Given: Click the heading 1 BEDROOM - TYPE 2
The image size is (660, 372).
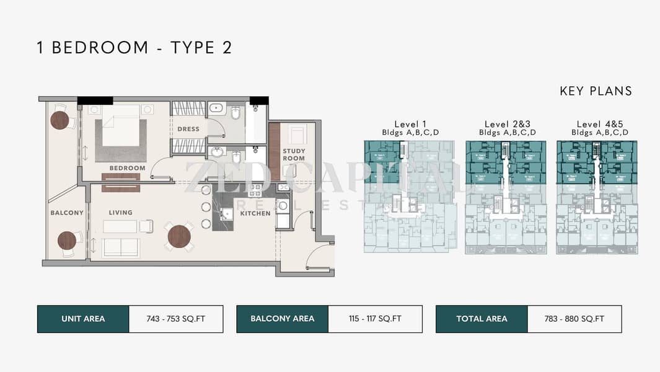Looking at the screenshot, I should point(134,48).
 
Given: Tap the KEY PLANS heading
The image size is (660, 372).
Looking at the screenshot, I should point(596,91).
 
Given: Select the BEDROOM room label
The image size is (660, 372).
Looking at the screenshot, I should point(127,168).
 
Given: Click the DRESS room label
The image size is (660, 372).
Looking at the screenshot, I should point(188,129).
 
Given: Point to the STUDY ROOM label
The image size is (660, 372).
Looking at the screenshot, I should point(294,154).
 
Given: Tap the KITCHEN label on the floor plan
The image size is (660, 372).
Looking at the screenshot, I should point(255,213).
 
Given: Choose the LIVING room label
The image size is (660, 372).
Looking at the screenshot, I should point(120,213).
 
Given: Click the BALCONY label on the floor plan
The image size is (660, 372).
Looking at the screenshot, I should point(66,213).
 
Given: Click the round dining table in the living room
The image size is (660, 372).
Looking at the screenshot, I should point(178,236).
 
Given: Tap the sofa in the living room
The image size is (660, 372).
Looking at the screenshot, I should point(120,247).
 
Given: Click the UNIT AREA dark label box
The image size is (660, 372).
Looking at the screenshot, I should point(83,319).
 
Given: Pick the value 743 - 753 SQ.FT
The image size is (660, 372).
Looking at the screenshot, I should point(176,319).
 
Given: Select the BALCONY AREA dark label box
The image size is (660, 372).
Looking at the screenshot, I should point(282,319).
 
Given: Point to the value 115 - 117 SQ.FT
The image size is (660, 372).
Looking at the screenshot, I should point(375,319).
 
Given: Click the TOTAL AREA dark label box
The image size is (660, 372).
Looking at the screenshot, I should point(482,319).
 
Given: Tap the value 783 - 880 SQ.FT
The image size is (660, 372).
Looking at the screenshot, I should point(574,319).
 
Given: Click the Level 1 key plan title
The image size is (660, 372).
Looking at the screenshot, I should point(410,124).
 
